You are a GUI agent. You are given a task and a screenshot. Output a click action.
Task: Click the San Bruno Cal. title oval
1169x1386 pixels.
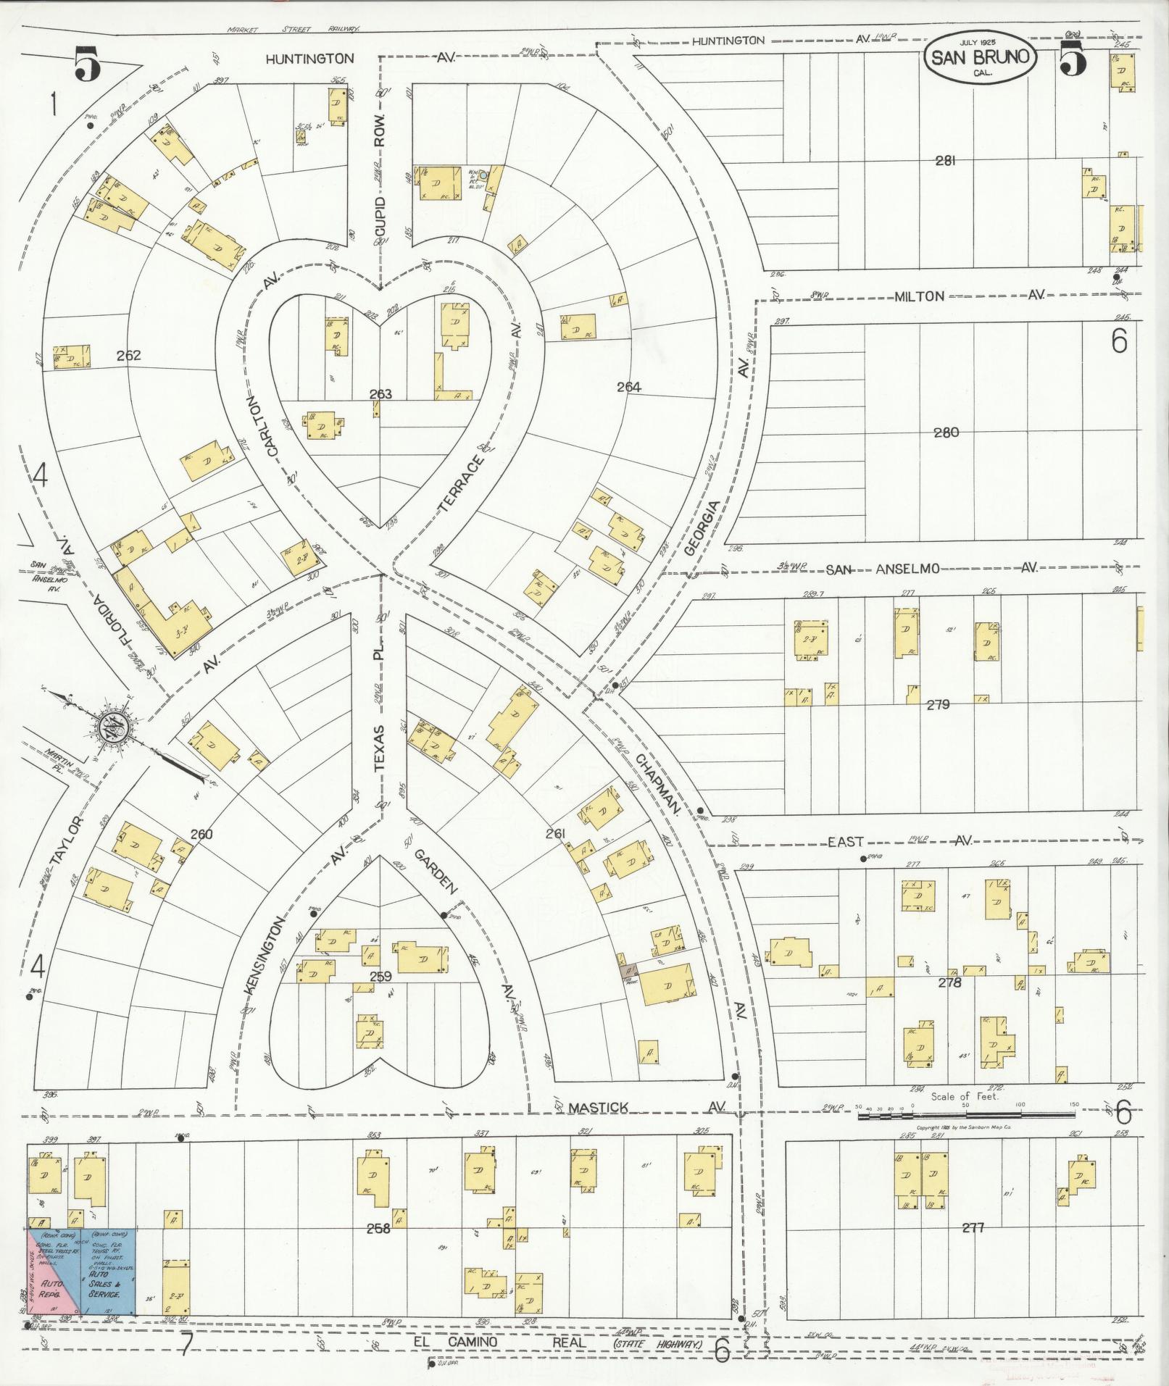click(980, 58)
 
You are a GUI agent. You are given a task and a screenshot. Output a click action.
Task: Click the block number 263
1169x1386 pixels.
click(380, 394)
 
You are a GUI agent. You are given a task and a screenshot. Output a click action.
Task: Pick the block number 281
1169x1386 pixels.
click(944, 161)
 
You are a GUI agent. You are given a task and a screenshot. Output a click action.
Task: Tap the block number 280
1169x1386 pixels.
click(946, 433)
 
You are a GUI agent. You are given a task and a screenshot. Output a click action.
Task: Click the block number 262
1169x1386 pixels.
click(128, 356)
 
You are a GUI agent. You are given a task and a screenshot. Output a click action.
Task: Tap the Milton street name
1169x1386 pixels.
click(919, 296)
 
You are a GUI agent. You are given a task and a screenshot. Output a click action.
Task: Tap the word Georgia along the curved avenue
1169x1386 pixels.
click(702, 537)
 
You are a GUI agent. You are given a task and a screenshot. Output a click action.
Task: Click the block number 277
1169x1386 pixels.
click(973, 1227)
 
